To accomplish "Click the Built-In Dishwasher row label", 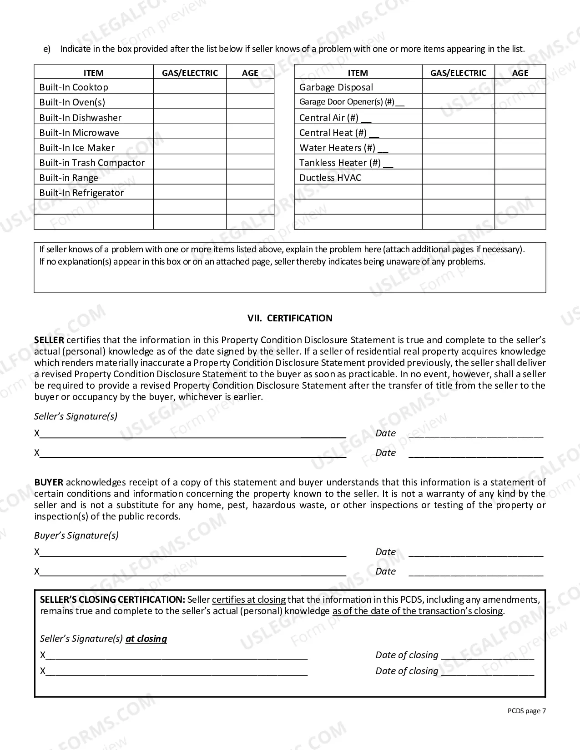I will click(x=80, y=118).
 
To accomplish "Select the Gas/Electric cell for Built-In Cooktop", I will click(x=190, y=87).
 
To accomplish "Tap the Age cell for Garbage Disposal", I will click(x=520, y=87).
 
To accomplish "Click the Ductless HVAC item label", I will click(x=330, y=178).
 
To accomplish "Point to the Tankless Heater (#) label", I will click(x=346, y=163).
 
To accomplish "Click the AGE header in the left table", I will click(x=250, y=73).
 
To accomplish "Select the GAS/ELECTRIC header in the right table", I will click(x=458, y=73).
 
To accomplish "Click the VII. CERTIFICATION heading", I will click(x=290, y=318).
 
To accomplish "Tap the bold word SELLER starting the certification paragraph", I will click(x=49, y=340).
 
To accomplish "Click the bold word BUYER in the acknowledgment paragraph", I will click(x=49, y=482).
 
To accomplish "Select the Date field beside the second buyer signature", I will click(x=476, y=572).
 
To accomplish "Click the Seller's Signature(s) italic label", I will click(x=76, y=416).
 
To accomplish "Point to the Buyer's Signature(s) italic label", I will click(x=76, y=535).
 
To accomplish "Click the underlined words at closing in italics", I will click(x=146, y=639).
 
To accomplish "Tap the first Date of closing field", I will click(x=487, y=655).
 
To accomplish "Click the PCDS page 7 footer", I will click(x=526, y=711).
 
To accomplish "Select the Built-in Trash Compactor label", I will click(x=92, y=163).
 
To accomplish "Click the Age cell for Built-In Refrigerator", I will click(x=250, y=192).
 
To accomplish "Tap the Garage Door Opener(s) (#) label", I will click(x=351, y=102).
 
